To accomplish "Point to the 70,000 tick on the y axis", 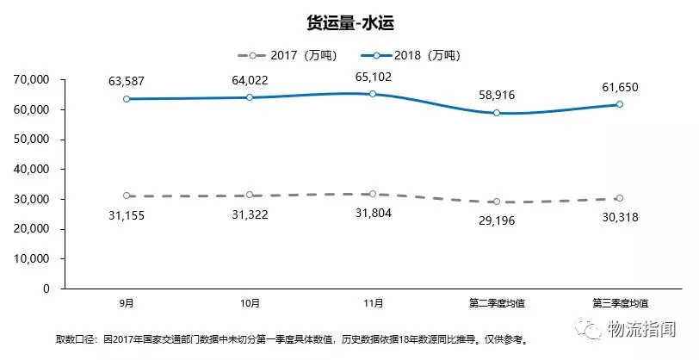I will click(x=31, y=80).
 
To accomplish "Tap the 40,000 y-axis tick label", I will click(x=31, y=170).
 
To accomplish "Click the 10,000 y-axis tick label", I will click(x=31, y=258).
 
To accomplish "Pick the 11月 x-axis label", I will click(x=373, y=302).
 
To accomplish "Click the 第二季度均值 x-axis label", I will click(x=497, y=302).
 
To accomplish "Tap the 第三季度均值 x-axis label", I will click(x=620, y=302).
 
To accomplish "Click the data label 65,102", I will click(x=373, y=75).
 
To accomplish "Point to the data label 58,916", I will click(x=497, y=93).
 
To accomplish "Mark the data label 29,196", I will click(x=497, y=220).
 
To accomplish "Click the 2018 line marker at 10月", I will click(x=250, y=97).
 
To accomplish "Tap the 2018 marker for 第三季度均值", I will click(x=620, y=104).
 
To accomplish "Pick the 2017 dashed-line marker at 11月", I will click(x=373, y=194).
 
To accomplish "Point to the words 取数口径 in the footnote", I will click(x=75, y=339).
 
